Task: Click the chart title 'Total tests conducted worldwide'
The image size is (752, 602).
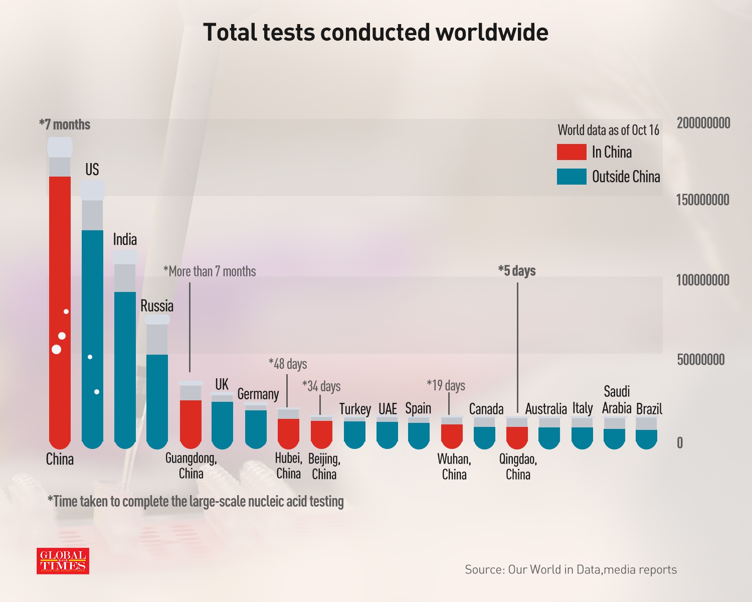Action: click(375, 33)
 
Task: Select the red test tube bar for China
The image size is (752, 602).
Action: click(60, 311)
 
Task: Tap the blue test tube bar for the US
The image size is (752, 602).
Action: click(92, 336)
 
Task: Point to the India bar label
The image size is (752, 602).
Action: click(125, 239)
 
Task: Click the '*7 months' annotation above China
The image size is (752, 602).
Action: click(65, 125)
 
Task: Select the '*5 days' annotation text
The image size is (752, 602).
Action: click(517, 271)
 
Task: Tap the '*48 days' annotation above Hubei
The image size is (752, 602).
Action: click(288, 364)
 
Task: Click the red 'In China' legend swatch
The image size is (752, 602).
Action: click(572, 152)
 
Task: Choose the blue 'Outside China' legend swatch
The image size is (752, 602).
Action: click(572, 177)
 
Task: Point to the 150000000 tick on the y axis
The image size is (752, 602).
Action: click(702, 200)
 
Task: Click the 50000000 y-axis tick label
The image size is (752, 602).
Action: click(700, 360)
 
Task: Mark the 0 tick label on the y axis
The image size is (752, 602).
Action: click(680, 443)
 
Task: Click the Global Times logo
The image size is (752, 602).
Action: click(63, 561)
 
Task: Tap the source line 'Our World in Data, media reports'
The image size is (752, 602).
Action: click(571, 569)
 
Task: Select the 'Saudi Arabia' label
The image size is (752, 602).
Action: click(617, 400)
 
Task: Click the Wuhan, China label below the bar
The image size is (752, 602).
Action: click(454, 467)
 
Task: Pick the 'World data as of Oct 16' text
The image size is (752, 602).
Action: click(608, 130)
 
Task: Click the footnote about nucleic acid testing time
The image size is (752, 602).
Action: click(196, 502)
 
